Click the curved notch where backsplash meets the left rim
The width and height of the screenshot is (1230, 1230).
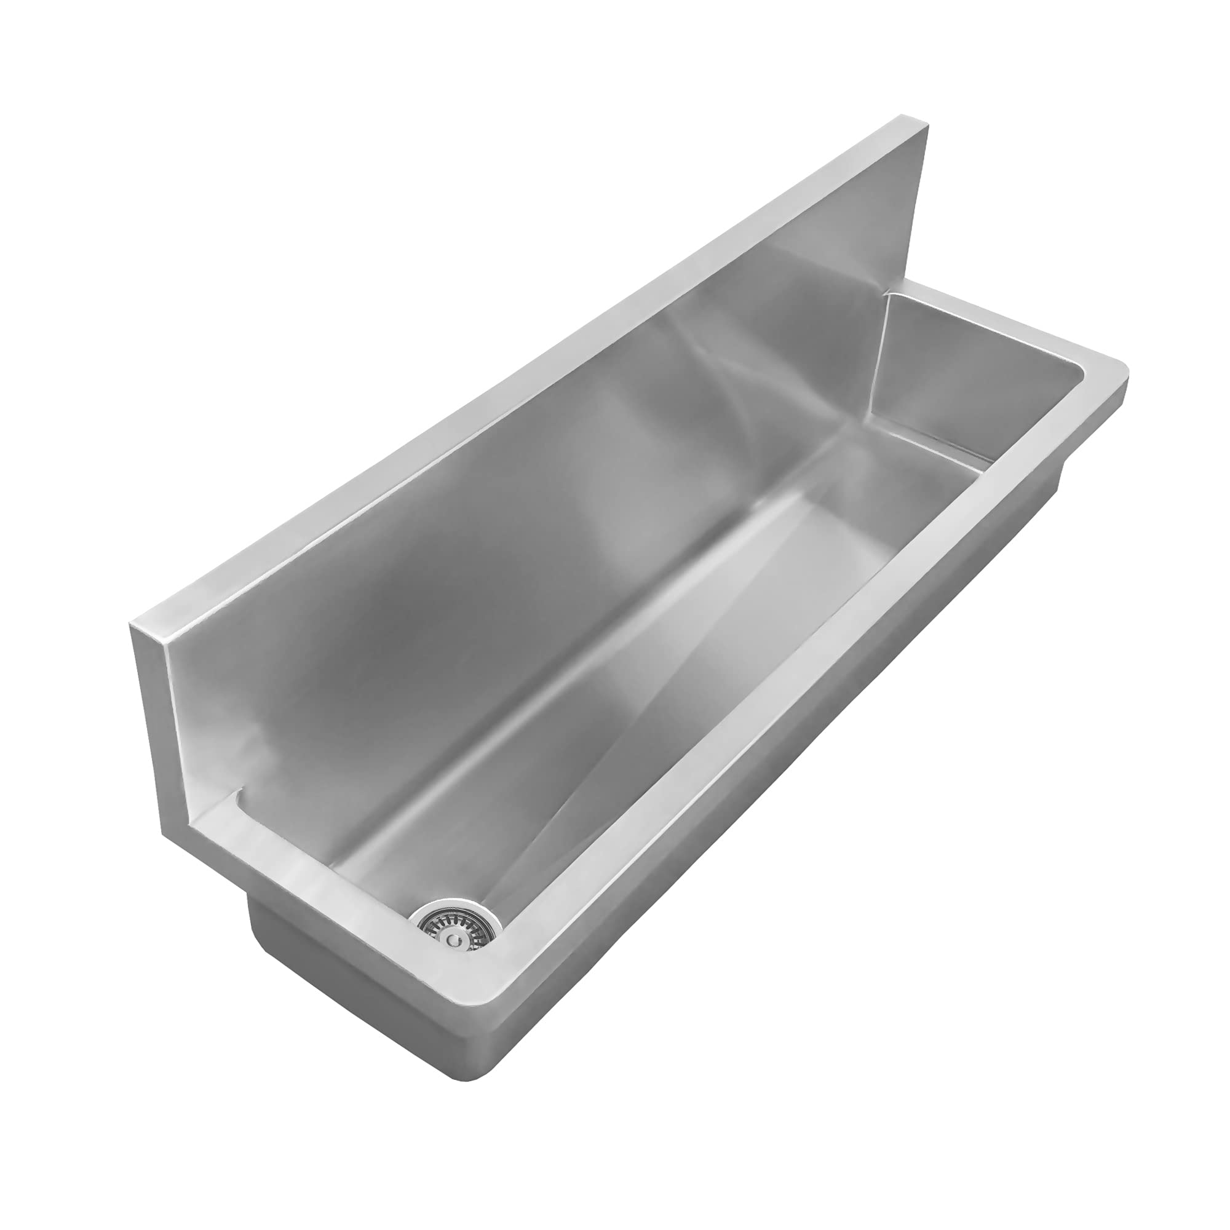click(238, 796)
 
